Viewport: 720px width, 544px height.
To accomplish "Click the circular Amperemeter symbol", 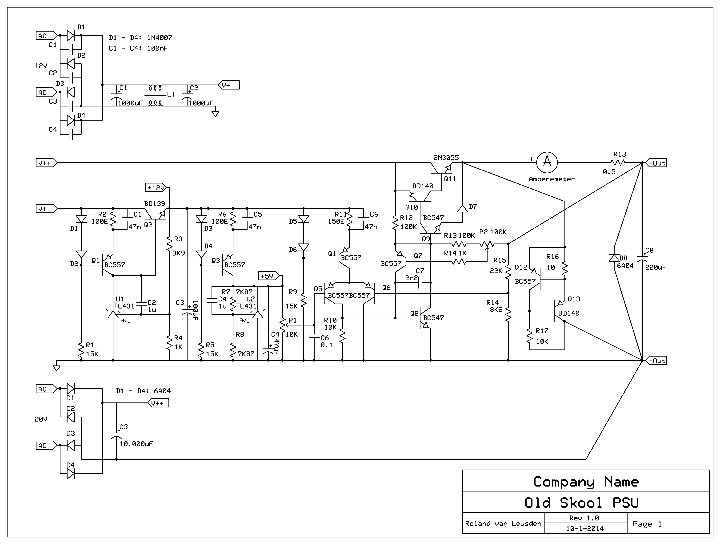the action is [547, 162].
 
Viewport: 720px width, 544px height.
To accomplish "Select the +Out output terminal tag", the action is [656, 163].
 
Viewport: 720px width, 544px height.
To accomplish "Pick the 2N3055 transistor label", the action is [446, 158].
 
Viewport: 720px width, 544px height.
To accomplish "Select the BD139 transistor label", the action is [155, 204].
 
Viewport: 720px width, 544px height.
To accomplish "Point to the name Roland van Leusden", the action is [503, 524].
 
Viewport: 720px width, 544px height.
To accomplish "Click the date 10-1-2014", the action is [585, 529].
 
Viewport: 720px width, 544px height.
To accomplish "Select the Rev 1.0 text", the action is [584, 518].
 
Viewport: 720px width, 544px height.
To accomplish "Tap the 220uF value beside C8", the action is [656, 267].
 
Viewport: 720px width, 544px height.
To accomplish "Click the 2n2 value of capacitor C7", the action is [412, 278].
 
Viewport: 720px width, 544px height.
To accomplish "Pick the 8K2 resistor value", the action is [496, 309].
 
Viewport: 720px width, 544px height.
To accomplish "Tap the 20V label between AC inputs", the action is [41, 419].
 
